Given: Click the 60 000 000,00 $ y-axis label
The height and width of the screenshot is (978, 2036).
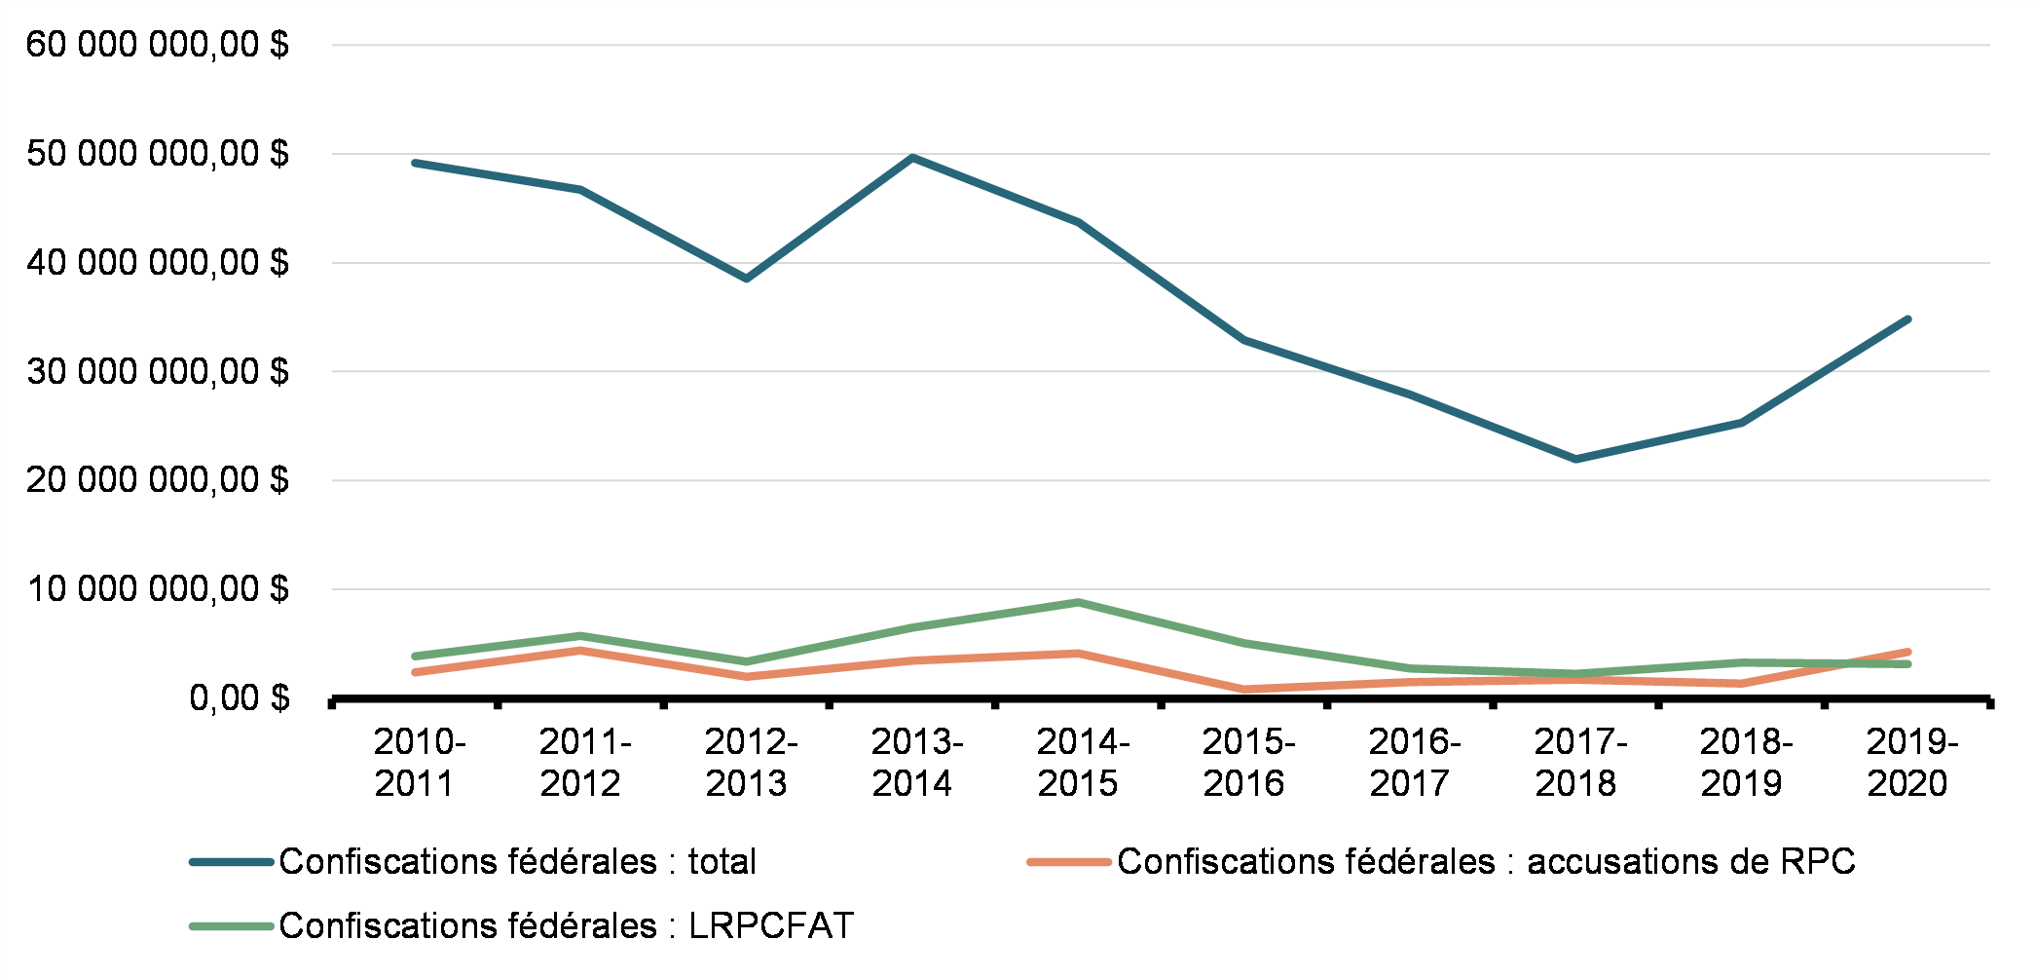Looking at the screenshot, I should pyautogui.click(x=157, y=45).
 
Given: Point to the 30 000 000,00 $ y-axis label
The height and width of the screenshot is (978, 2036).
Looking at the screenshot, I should pyautogui.click(x=157, y=371).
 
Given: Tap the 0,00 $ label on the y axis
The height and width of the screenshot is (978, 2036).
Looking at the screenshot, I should pyautogui.click(x=240, y=698).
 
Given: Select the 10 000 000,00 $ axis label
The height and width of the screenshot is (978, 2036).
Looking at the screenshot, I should pyautogui.click(x=157, y=589).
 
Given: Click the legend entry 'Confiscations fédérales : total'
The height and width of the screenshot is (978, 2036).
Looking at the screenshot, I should pyautogui.click(x=517, y=862).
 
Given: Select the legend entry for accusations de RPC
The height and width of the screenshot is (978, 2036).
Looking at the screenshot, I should pyautogui.click(x=1486, y=862).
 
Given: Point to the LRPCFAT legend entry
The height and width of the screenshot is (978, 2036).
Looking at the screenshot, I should pyautogui.click(x=566, y=925).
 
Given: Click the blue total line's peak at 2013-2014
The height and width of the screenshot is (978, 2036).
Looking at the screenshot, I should pyautogui.click(x=912, y=157).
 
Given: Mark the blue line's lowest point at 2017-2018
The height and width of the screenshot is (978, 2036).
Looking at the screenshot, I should pyautogui.click(x=1576, y=459).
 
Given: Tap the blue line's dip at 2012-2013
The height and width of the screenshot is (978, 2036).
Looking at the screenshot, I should pyautogui.click(x=747, y=279).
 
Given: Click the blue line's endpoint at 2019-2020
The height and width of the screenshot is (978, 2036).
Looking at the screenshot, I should pyautogui.click(x=1907, y=319).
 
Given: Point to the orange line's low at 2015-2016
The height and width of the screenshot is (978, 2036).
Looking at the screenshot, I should pyautogui.click(x=1244, y=690).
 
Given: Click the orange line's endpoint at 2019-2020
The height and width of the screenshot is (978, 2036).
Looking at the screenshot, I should pyautogui.click(x=1907, y=652).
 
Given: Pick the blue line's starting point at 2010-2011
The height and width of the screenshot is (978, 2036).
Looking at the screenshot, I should pyautogui.click(x=416, y=163).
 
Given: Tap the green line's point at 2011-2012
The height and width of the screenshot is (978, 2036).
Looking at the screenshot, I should pyautogui.click(x=581, y=636).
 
